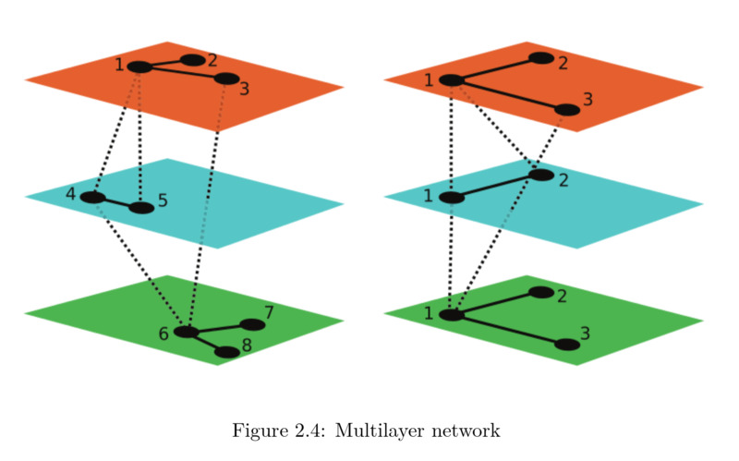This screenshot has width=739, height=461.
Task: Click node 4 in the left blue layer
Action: pos(92,197)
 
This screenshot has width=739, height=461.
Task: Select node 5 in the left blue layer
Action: pos(140,208)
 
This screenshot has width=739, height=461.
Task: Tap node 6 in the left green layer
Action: pos(187,332)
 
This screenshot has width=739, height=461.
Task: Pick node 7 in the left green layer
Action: pos(251,324)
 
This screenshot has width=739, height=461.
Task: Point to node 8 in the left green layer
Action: pos(226,352)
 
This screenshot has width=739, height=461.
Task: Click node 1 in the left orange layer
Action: pos(139,67)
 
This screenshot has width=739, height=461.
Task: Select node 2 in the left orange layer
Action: pos(192,60)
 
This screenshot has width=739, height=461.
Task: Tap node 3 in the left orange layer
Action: pos(226,79)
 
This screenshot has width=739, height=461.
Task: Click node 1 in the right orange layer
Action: pos(452,80)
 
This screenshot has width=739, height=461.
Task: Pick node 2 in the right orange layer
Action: pos(541,58)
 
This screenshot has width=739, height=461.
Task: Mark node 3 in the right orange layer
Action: pos(567,110)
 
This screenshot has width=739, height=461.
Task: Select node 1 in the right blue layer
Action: pos(452,197)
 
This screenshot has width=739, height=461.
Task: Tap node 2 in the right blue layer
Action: pos(541,175)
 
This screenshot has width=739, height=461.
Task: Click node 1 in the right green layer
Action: pos(452,314)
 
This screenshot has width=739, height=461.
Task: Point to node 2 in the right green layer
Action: pos(541,293)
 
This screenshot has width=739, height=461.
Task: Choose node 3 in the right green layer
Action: pos(567,345)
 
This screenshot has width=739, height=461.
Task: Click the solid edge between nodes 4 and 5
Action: pos(116,202)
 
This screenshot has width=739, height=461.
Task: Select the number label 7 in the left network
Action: pos(269,312)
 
